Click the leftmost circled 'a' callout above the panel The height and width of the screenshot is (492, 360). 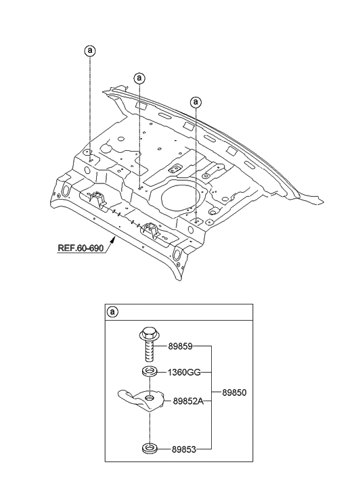click(89, 50)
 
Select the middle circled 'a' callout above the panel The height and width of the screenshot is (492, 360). click(139, 78)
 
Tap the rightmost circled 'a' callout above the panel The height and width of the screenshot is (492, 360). click(196, 102)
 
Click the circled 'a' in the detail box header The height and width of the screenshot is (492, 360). click(113, 312)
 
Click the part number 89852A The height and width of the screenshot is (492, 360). click(189, 400)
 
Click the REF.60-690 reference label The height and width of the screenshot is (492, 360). click(81, 248)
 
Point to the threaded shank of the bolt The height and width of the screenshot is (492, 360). click(148, 352)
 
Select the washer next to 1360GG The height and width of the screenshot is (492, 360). click(147, 372)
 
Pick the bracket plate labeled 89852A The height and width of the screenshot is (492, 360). click(143, 400)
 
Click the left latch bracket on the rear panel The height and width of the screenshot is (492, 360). click(97, 200)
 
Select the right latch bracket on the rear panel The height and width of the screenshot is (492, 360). click(150, 232)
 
